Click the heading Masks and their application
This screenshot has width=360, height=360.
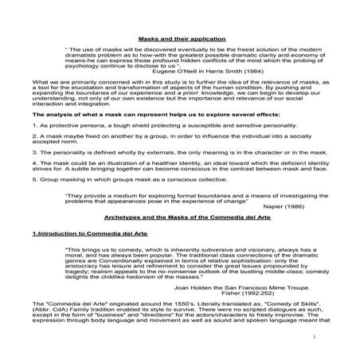click(x=182, y=37)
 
